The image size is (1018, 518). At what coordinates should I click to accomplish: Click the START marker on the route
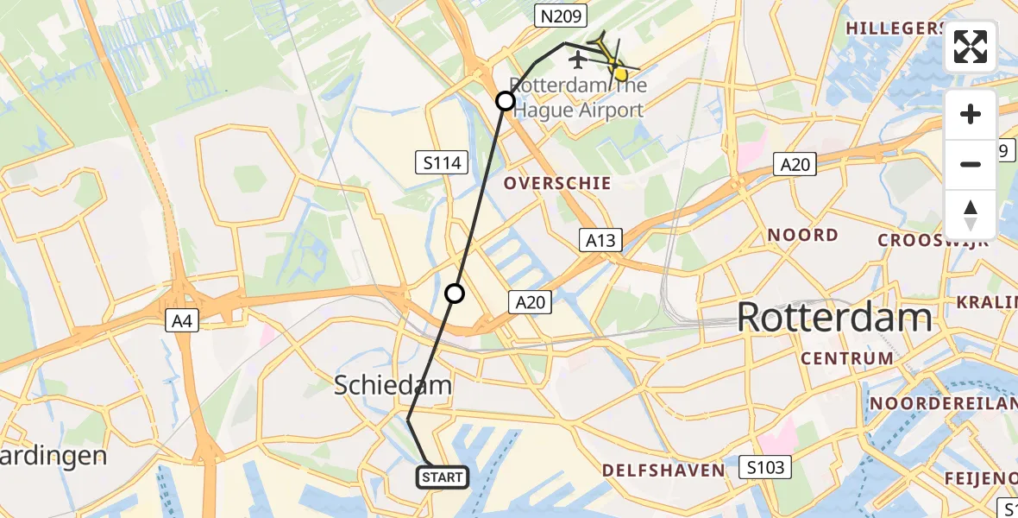(443, 477)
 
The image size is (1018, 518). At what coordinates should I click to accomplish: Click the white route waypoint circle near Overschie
(506, 101)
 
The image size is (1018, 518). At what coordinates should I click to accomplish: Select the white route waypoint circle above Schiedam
(455, 294)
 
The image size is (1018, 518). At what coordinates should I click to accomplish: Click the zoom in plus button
(971, 114)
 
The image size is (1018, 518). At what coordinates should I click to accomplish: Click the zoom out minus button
(971, 164)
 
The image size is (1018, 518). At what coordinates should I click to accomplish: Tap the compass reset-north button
(971, 215)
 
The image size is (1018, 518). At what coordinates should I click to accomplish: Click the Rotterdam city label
(834, 319)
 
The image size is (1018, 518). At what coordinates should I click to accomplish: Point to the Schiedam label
(393, 386)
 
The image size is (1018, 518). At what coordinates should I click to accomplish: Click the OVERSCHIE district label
(557, 183)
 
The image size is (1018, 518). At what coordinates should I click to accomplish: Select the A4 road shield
(183, 322)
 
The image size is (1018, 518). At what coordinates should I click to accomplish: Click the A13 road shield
(600, 240)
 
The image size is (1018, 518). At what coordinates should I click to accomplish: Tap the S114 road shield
(441, 161)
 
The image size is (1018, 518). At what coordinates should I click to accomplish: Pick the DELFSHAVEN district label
(663, 471)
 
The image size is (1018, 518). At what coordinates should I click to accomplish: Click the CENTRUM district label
(847, 358)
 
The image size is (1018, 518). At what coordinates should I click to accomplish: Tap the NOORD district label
(802, 235)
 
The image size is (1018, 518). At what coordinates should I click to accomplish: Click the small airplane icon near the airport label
(577, 60)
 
